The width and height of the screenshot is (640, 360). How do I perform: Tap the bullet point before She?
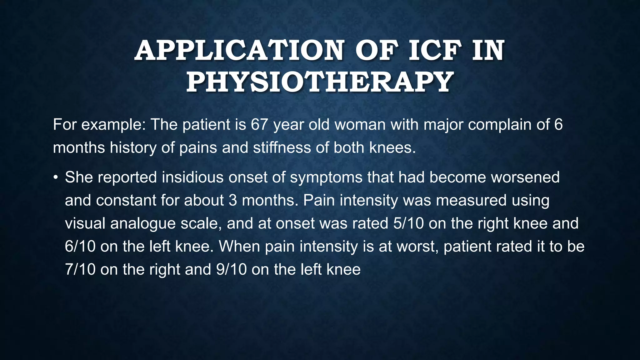coord(56,177)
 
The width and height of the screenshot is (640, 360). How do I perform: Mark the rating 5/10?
coord(408,223)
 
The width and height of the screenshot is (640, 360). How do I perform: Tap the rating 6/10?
coord(80,247)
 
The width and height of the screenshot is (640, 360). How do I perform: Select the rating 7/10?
coord(80,269)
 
